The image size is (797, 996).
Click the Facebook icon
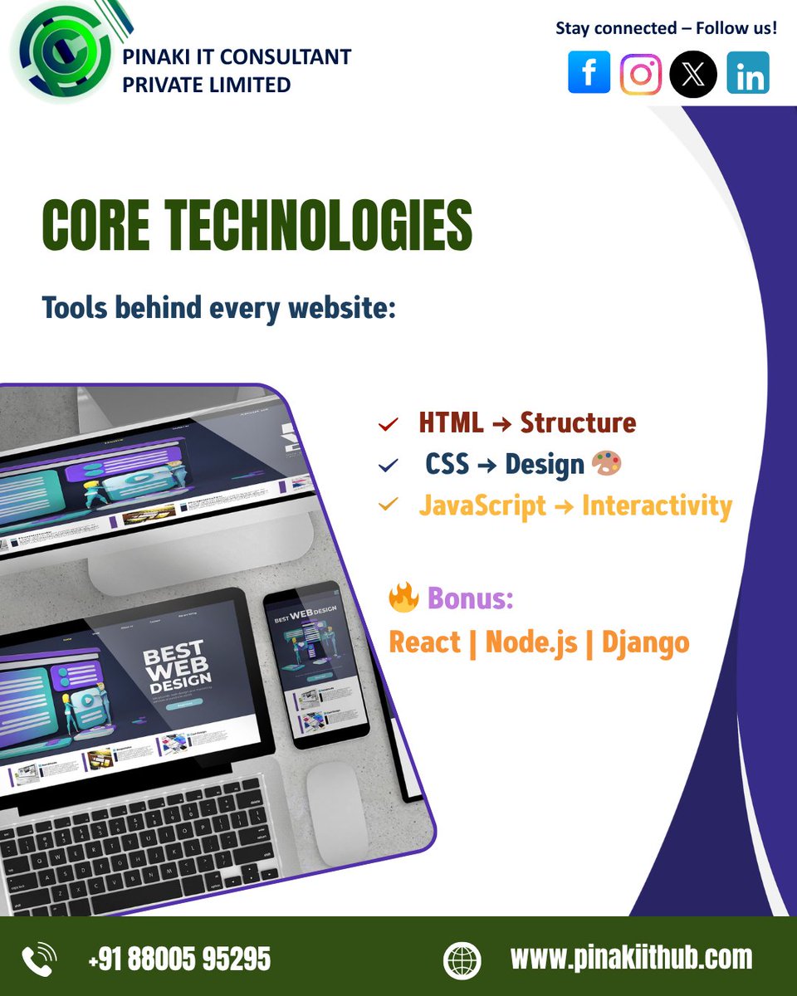(x=589, y=73)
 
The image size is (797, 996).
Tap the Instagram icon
(x=641, y=73)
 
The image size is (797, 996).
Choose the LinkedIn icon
(x=748, y=73)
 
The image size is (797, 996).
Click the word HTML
(x=451, y=423)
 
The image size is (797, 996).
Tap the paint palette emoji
(x=607, y=464)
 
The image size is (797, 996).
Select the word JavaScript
(x=482, y=505)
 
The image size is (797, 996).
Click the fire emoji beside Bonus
(x=403, y=598)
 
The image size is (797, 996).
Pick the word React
(x=424, y=642)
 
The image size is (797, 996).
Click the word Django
(x=646, y=642)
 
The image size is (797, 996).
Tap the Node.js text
(x=531, y=642)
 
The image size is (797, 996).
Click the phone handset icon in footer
(x=39, y=960)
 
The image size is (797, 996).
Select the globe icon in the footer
(x=462, y=960)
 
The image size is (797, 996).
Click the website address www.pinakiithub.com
(x=631, y=958)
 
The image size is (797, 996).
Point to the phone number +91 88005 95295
(x=179, y=959)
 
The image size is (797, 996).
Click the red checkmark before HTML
(x=388, y=425)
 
